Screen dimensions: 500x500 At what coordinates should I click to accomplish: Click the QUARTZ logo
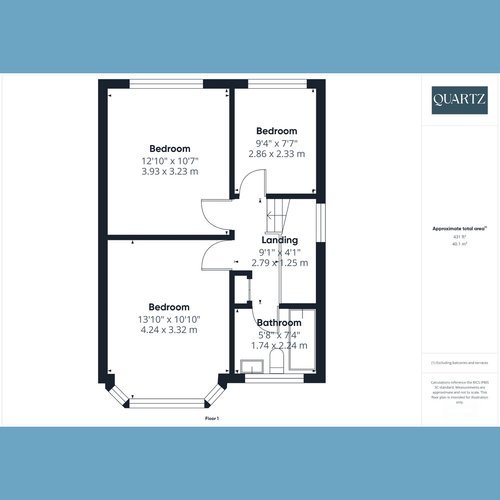pyautogui.click(x=460, y=100)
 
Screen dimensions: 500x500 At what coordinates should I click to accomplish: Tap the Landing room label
pyautogui.click(x=280, y=240)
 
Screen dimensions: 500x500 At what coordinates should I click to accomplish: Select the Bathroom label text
pyautogui.click(x=279, y=322)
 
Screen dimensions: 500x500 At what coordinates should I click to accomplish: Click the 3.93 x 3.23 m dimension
pyautogui.click(x=170, y=171)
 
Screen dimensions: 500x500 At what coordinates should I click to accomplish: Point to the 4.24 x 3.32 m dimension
pyautogui.click(x=169, y=330)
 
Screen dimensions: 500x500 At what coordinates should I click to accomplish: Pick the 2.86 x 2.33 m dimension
pyautogui.click(x=277, y=154)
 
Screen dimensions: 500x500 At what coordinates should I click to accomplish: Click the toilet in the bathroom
pyautogui.click(x=277, y=361)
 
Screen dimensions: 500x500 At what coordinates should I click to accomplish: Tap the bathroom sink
pyautogui.click(x=252, y=366)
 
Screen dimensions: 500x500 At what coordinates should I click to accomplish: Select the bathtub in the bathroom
pyautogui.click(x=302, y=340)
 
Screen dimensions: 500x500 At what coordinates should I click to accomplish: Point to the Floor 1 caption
pyautogui.click(x=212, y=418)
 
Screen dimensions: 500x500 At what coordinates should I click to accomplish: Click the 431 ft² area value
pyautogui.click(x=460, y=237)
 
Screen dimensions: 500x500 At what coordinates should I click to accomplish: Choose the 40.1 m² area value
pyautogui.click(x=460, y=244)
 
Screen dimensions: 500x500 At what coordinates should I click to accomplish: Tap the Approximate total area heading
pyautogui.click(x=460, y=229)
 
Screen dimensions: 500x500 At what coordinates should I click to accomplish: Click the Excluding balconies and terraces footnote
pyautogui.click(x=460, y=363)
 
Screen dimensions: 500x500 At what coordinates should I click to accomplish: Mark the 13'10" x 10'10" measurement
pyautogui.click(x=169, y=319)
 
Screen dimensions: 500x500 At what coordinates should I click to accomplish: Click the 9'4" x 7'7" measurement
pyautogui.click(x=277, y=143)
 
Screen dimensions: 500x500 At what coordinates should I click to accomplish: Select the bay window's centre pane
pyautogui.click(x=167, y=403)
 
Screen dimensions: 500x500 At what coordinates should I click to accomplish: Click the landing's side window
pyautogui.click(x=321, y=222)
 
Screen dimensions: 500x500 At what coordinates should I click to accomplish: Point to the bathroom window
pyautogui.click(x=274, y=378)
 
